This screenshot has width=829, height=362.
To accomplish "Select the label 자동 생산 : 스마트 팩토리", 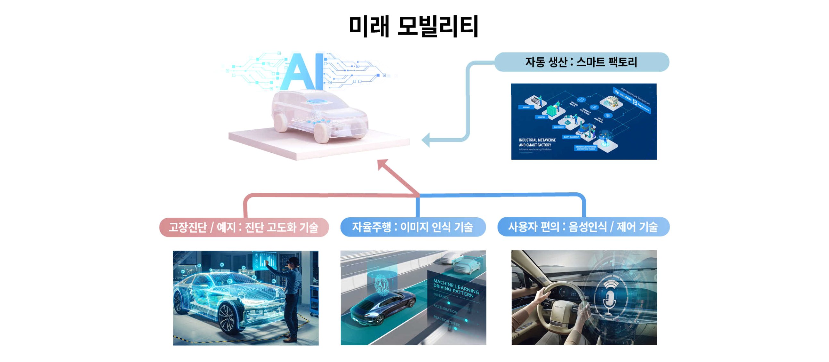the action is [581, 62].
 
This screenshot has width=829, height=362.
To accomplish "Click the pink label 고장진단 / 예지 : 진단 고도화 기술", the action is [244, 227].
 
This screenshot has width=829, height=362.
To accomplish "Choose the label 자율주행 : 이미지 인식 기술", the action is [412, 227].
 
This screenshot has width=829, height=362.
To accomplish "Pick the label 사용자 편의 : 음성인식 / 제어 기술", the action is [583, 227].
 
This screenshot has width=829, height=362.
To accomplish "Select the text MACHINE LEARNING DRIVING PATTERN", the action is [456, 288].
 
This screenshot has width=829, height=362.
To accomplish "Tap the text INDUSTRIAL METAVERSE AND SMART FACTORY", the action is [537, 142].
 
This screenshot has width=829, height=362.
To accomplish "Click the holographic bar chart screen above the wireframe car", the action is [266, 260].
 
